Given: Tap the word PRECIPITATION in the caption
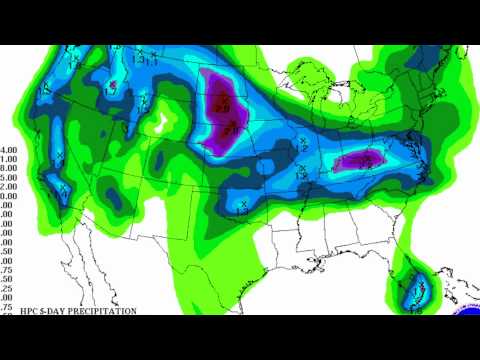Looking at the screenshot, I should pos(101,311).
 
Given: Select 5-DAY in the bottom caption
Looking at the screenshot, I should pos(57,311).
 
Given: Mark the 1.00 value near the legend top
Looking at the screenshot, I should pos(7,158).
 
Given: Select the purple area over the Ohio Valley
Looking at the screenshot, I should pos(361,160).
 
